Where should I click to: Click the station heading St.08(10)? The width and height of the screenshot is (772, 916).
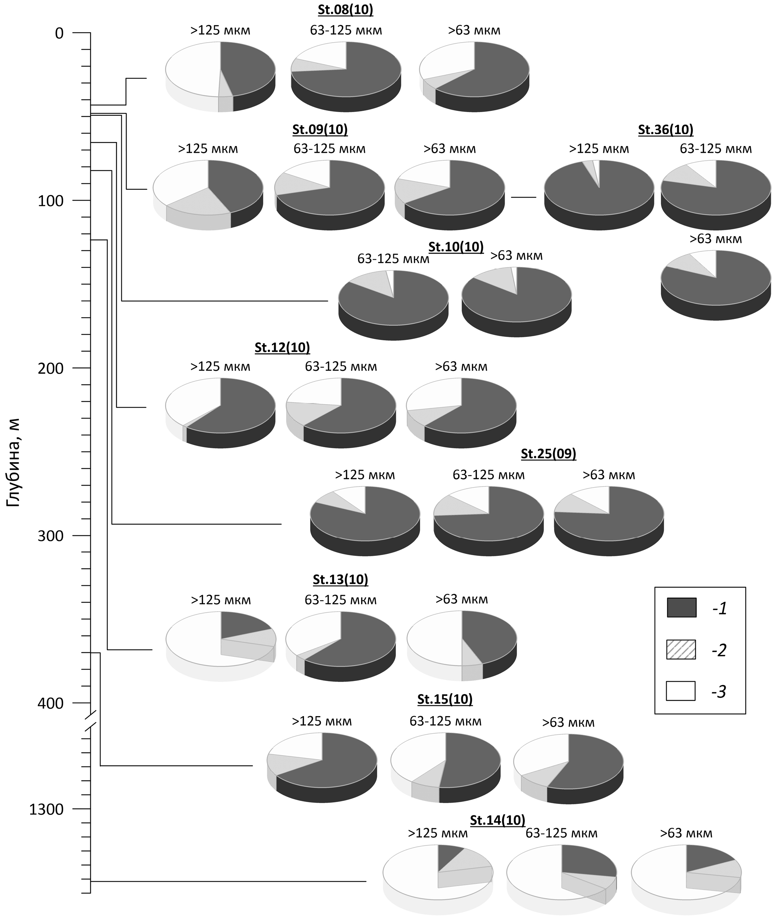(x=345, y=10)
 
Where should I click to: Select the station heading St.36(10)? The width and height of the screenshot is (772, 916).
(x=665, y=130)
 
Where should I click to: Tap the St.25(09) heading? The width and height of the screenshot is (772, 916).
(x=548, y=454)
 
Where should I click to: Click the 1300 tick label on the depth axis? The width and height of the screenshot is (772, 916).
(x=46, y=809)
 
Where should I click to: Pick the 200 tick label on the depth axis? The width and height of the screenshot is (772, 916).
(x=50, y=368)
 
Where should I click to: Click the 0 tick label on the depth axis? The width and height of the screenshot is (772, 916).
(x=59, y=33)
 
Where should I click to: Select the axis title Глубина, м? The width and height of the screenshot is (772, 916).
(x=13, y=462)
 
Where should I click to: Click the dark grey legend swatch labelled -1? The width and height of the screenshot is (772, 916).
(x=681, y=607)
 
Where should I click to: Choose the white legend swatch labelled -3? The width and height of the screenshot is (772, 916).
(x=680, y=691)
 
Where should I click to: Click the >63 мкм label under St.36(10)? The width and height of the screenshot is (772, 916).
(x=716, y=239)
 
